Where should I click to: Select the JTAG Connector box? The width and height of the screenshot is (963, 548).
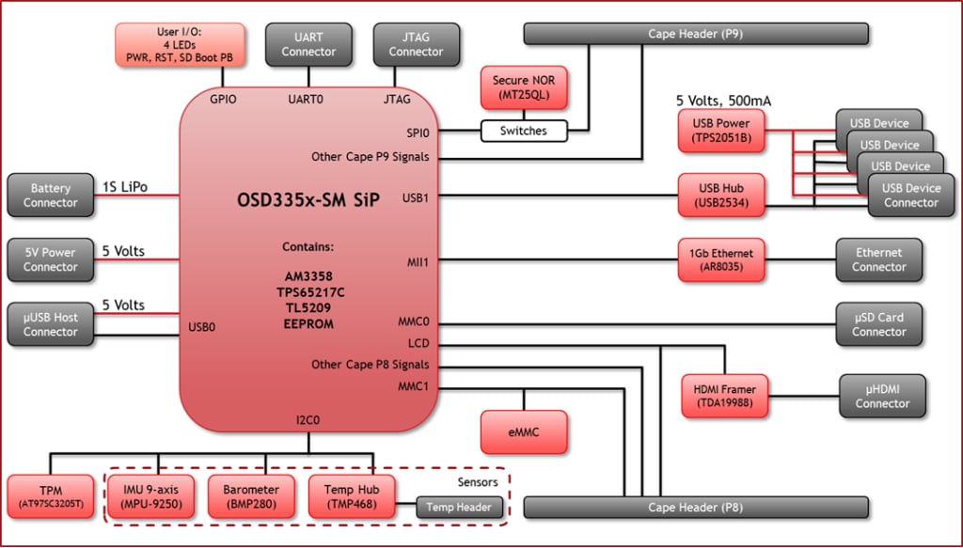pos(416,45)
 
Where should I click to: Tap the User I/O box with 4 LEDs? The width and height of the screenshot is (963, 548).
pos(181,45)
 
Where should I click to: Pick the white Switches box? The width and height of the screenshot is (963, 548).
pos(524,131)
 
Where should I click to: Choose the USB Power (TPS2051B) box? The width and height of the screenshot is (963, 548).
pos(720,131)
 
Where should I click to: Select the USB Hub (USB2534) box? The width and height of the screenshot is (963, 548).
pos(720,196)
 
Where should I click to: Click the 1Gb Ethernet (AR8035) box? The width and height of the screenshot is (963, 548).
pos(720,260)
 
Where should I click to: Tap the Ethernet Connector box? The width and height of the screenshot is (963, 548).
pos(878,260)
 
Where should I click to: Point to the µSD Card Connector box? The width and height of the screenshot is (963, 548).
pos(878,324)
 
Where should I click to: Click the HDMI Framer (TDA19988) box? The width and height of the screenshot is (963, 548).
pos(724,397)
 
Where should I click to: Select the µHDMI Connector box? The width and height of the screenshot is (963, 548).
pos(881,397)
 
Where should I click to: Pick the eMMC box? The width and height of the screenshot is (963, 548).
pos(523,431)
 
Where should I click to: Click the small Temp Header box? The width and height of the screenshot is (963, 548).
pos(458,508)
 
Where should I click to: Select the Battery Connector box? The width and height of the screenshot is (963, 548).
pos(51,196)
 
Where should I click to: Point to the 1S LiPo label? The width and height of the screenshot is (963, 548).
pos(124,187)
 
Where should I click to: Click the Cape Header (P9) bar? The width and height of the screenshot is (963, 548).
pos(695,34)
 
